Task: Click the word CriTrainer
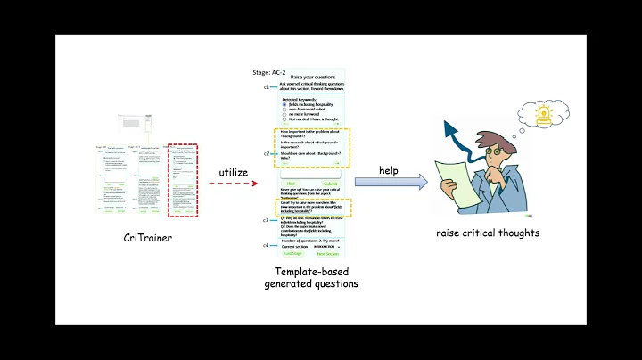(x=148, y=237)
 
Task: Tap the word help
(x=389, y=169)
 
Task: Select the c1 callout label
(x=266, y=87)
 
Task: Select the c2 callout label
(x=266, y=153)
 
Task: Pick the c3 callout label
(x=266, y=219)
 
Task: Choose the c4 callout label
(x=266, y=245)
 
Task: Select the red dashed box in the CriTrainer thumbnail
(x=183, y=179)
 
